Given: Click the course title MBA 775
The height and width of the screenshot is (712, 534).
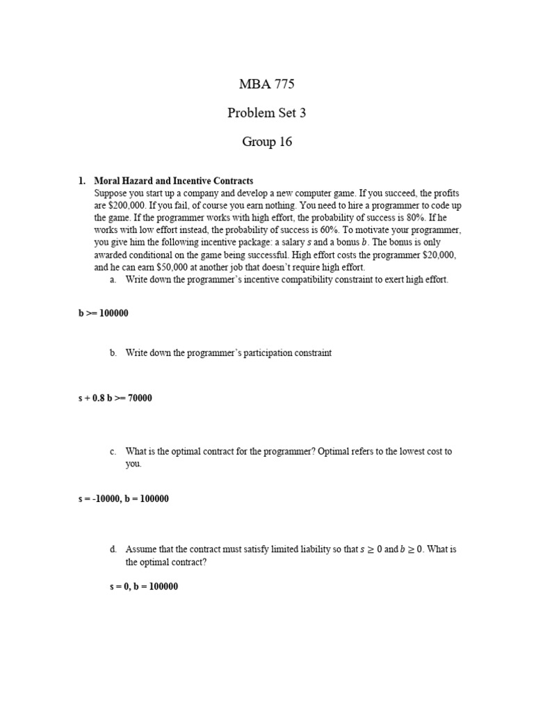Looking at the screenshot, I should [x=266, y=85].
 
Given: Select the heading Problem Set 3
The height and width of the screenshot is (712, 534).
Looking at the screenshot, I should [x=266, y=113].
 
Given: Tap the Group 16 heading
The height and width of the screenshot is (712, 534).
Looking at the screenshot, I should [x=267, y=142].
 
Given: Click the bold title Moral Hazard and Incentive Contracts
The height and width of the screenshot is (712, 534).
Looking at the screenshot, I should [x=173, y=181].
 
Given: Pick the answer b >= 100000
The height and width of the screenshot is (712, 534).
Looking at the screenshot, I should [x=103, y=314].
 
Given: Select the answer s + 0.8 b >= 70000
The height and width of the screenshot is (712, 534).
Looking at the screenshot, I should [x=115, y=398].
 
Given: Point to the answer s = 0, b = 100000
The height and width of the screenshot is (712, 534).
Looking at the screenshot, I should [x=143, y=586].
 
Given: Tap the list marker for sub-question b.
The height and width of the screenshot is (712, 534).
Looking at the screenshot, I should [x=113, y=353].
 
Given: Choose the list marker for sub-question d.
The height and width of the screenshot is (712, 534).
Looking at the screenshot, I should [x=113, y=550].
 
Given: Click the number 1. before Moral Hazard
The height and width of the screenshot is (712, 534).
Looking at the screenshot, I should [x=81, y=181].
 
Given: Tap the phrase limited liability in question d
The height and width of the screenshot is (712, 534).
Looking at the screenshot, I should [x=306, y=550].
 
